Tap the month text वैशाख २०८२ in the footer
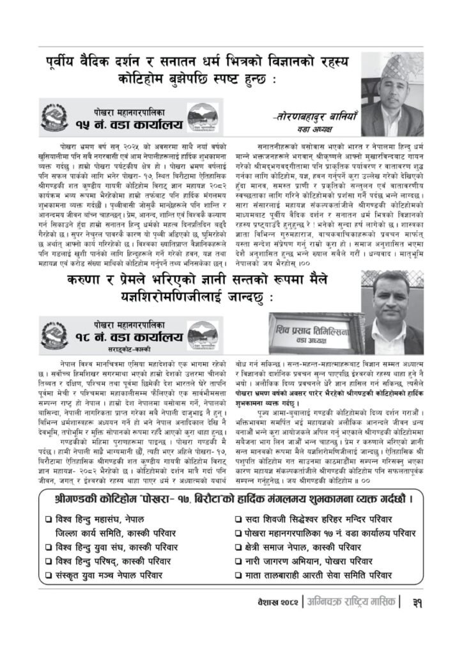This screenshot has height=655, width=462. (x=276, y=602)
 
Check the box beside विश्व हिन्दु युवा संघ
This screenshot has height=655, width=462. (x=49, y=547)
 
